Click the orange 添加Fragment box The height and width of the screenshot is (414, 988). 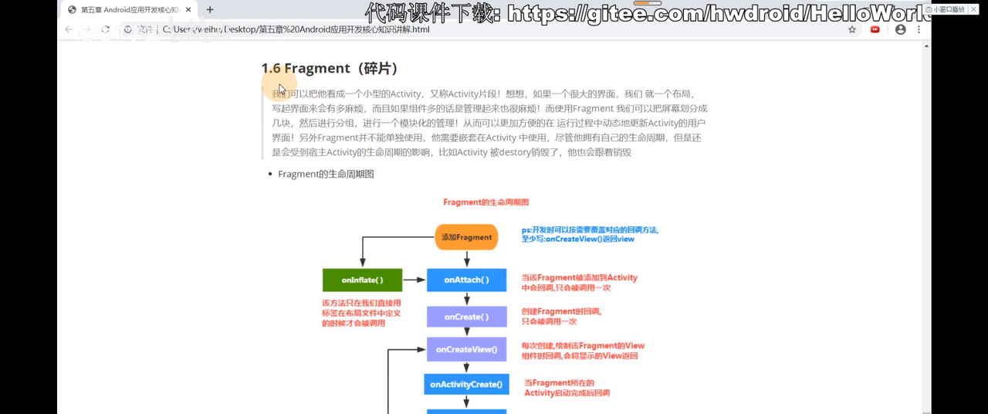466,237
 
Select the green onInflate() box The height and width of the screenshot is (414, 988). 362,280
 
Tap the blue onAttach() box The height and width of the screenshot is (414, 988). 466,280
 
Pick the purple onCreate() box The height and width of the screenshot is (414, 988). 466,317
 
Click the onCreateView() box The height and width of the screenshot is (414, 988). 466,349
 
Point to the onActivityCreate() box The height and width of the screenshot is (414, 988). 466,384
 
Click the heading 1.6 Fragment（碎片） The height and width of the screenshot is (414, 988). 330,68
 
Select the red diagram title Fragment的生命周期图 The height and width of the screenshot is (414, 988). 486,202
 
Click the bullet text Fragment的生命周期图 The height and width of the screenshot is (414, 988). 326,174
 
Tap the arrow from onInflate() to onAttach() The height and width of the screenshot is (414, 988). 414,280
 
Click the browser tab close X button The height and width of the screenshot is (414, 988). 188,10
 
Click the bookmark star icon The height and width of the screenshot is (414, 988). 852,29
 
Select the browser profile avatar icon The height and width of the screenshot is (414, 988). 900,29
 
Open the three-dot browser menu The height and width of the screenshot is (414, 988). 919,29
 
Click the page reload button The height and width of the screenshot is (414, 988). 106,29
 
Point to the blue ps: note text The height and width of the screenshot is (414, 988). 590,234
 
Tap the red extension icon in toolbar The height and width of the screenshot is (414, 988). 875,29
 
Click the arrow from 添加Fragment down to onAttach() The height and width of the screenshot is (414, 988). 466,260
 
